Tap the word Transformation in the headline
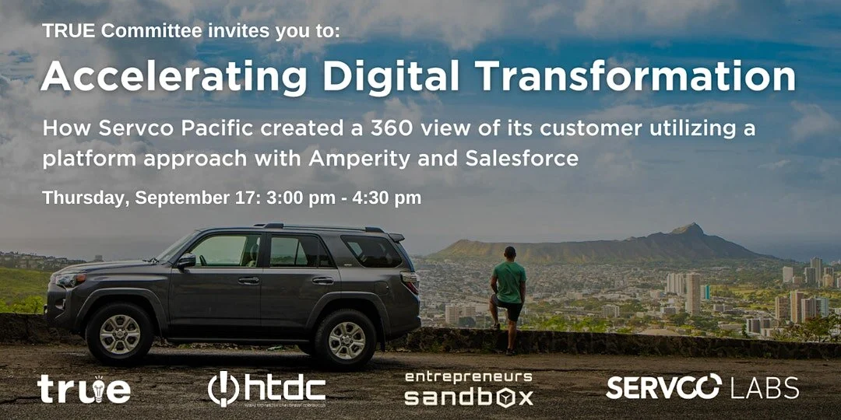[x=635, y=76]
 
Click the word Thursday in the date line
[x=84, y=198]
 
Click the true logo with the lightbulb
[x=84, y=389]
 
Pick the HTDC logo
[x=266, y=389]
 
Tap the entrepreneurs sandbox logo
[x=468, y=388]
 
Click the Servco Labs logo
[x=702, y=387]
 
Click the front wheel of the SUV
[x=119, y=334]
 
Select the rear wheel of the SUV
[x=347, y=339]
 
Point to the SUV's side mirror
[x=185, y=261]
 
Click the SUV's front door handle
[x=248, y=280]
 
